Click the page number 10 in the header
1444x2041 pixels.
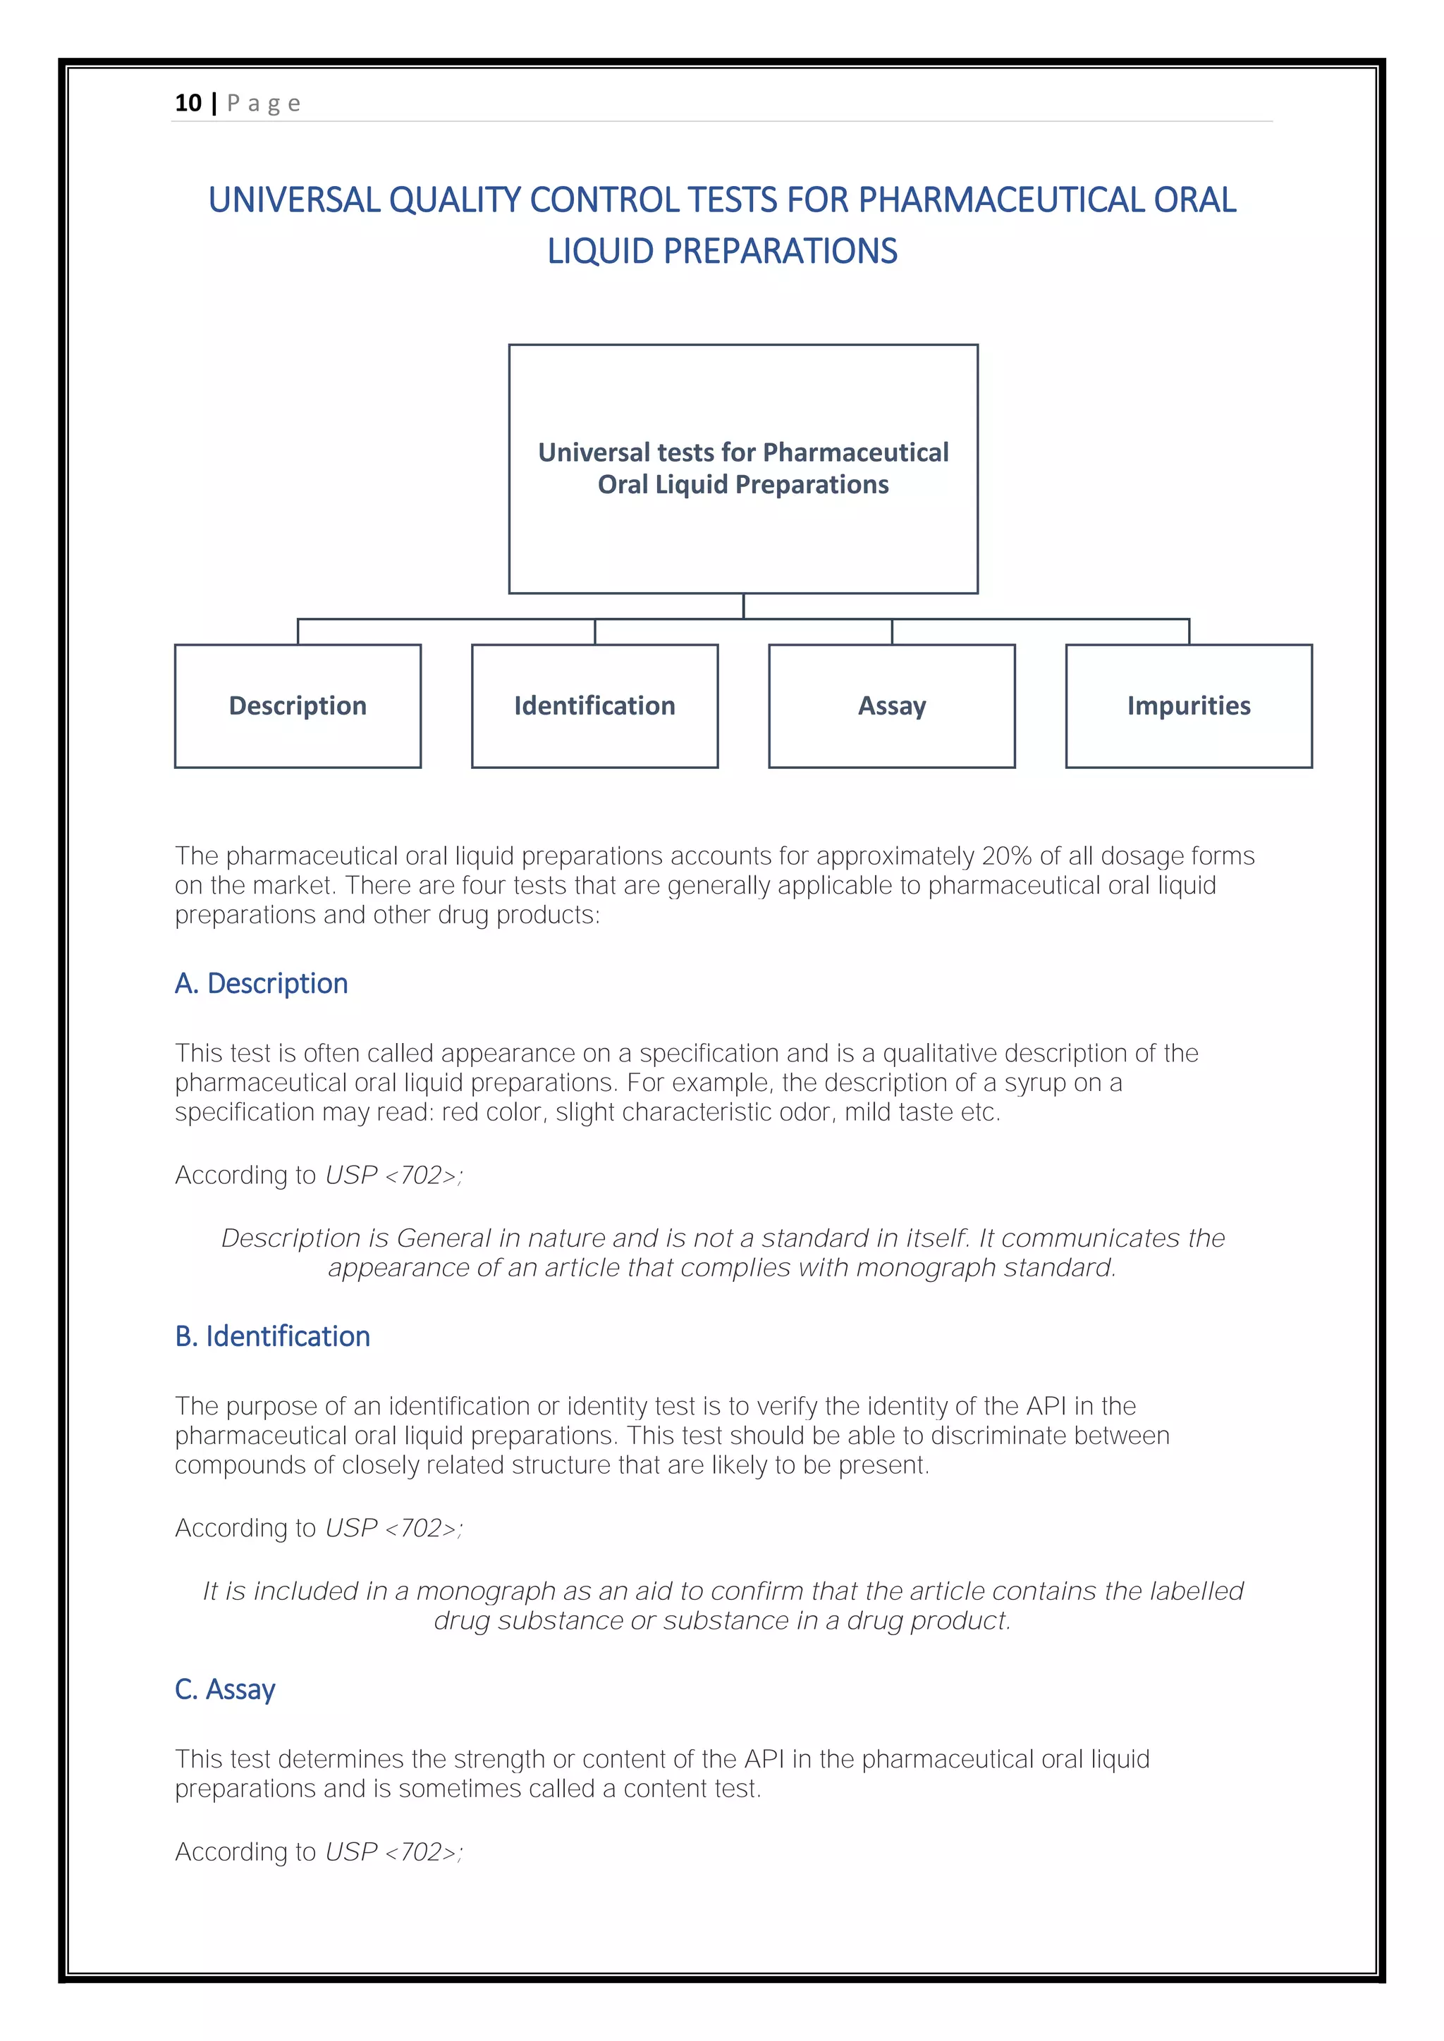click(188, 103)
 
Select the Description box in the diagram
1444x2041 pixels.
click(297, 705)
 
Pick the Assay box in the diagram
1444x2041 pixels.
click(891, 705)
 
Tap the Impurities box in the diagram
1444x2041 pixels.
click(1188, 705)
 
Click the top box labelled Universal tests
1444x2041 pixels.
click(742, 469)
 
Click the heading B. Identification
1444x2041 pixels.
click(272, 1336)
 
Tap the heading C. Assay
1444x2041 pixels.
click(225, 1689)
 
